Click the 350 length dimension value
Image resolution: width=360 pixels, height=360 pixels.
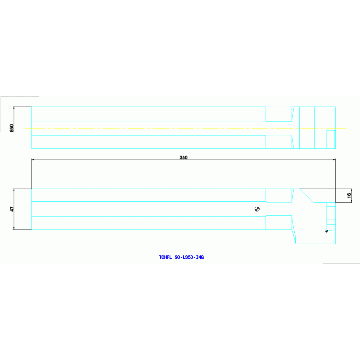coord(184,158)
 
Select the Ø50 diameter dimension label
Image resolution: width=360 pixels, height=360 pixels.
coord(12,128)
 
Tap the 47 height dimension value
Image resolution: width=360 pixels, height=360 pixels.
coord(12,209)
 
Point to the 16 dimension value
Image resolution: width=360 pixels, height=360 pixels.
coord(349,196)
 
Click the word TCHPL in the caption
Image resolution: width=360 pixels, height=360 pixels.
coord(166,257)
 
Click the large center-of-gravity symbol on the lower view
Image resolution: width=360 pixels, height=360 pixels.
coord(257,209)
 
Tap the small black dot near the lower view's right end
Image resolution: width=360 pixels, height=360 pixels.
coord(327,231)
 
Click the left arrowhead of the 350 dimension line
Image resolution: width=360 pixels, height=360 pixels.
coord(33,160)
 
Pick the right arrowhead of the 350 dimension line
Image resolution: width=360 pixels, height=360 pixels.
coord(334,160)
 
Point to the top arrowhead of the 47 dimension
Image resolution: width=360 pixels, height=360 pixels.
coord(14,190)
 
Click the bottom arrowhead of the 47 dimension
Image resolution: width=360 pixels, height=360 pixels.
coord(14,228)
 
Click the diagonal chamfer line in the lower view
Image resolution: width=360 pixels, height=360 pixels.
coord(306,195)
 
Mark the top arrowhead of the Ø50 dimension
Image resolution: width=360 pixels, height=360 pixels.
coord(14,108)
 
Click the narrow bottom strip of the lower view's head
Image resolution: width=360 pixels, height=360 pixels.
coord(315,240)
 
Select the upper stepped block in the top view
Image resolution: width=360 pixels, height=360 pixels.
coord(279,114)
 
